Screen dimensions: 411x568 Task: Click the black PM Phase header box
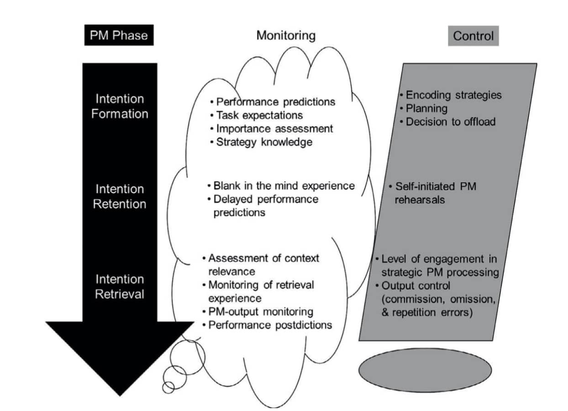pyautogui.click(x=119, y=35)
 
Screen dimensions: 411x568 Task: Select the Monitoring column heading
pyautogui.click(x=286, y=35)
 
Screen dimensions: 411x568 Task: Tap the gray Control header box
pyautogui.click(x=473, y=36)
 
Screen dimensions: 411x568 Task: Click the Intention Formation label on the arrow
pyautogui.click(x=120, y=106)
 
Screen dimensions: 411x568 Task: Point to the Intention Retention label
pyautogui.click(x=120, y=196)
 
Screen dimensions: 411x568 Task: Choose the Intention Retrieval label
pyautogui.click(x=120, y=286)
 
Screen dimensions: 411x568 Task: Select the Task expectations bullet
pyautogui.click(x=259, y=115)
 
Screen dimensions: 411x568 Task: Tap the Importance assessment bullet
pyautogui.click(x=274, y=128)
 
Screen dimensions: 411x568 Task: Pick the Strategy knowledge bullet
pyautogui.click(x=264, y=142)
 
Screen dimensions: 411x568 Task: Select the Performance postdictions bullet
pyautogui.click(x=269, y=325)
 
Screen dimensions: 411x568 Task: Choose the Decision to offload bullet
pyautogui.click(x=450, y=122)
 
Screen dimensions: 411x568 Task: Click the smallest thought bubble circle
pyautogui.click(x=168, y=387)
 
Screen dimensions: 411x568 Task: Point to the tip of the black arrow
pyautogui.click(x=120, y=394)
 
